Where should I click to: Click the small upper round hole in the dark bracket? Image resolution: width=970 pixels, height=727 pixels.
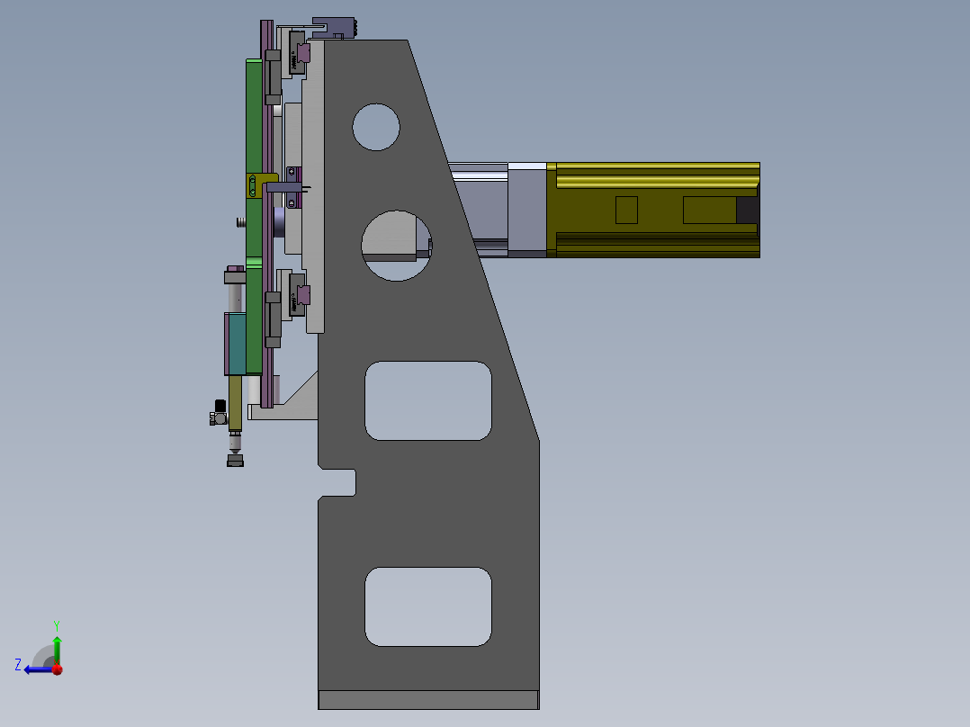pyautogui.click(x=376, y=127)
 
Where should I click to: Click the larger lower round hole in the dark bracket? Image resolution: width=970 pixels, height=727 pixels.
pyautogui.click(x=396, y=245)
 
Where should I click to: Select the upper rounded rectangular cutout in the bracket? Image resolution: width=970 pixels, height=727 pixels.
pyautogui.click(x=428, y=400)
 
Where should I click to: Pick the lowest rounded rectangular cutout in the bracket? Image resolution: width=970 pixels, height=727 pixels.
pyautogui.click(x=428, y=606)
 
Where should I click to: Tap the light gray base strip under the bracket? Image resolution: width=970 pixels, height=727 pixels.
pyautogui.click(x=428, y=699)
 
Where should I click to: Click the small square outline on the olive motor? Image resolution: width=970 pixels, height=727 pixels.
pyautogui.click(x=626, y=210)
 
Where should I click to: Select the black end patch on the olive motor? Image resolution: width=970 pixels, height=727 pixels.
pyautogui.click(x=747, y=210)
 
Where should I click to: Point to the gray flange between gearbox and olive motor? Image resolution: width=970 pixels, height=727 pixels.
pyautogui.click(x=526, y=211)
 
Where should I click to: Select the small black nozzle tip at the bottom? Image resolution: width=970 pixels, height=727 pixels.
pyautogui.click(x=235, y=461)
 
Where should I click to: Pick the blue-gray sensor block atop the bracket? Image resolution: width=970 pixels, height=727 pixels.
pyautogui.click(x=334, y=28)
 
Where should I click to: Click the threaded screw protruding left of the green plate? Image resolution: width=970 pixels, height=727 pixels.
pyautogui.click(x=239, y=221)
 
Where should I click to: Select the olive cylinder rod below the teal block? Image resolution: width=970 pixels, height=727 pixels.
pyautogui.click(x=236, y=401)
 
